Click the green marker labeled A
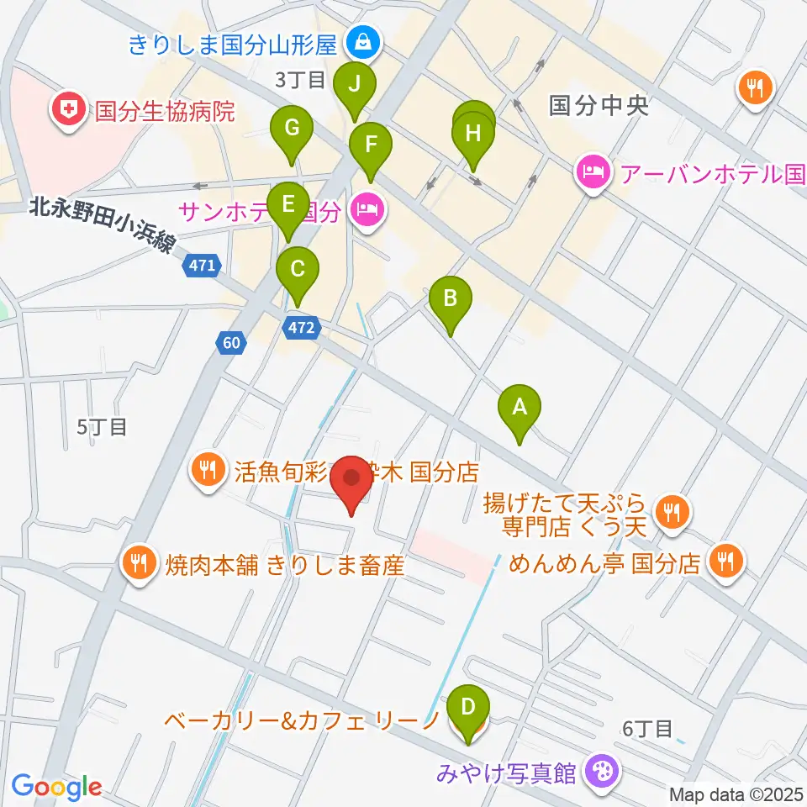click(520, 409)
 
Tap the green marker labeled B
click(450, 298)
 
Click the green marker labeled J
click(354, 85)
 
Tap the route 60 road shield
click(232, 342)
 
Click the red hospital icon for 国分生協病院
click(71, 109)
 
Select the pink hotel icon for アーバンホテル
click(593, 174)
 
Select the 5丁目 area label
click(102, 427)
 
